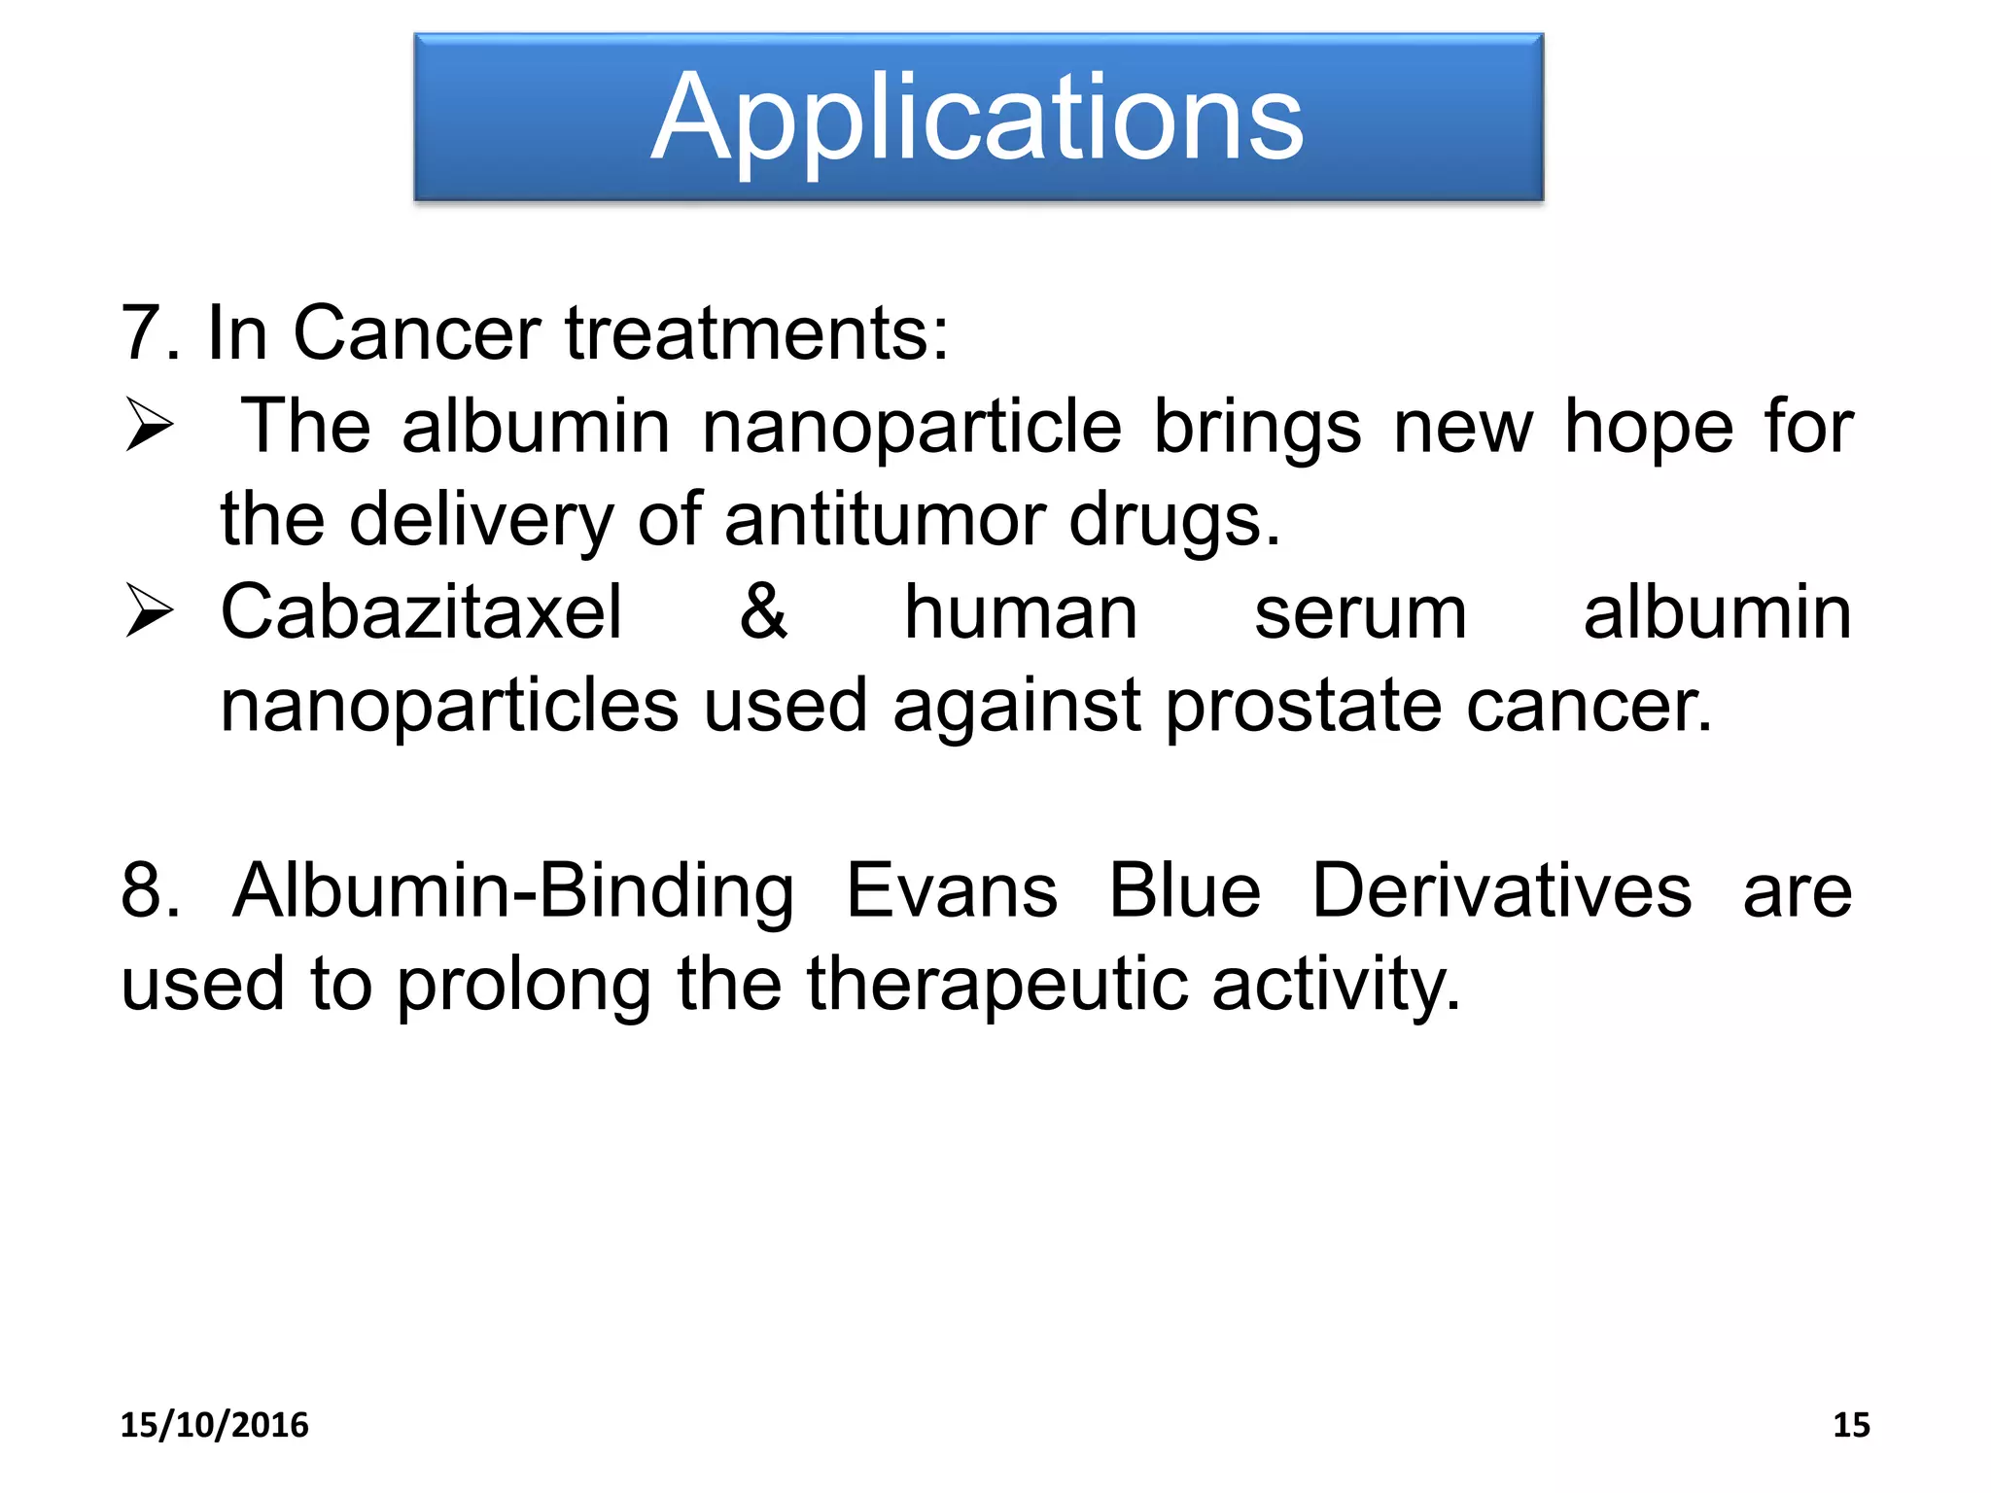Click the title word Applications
pyautogui.click(x=978, y=119)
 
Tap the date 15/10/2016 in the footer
pyautogui.click(x=214, y=1425)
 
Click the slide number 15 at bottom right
pyautogui.click(x=1851, y=1425)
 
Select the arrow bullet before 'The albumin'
pyautogui.click(x=149, y=426)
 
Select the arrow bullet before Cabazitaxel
pyautogui.click(x=149, y=612)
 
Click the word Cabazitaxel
pyautogui.click(x=420, y=612)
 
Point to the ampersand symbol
pyautogui.click(x=763, y=612)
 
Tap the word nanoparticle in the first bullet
pyautogui.click(x=912, y=428)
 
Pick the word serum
pyautogui.click(x=1359, y=614)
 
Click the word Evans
pyautogui.click(x=952, y=890)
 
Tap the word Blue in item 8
pyautogui.click(x=1184, y=890)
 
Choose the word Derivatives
pyautogui.click(x=1502, y=890)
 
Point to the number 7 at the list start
pyautogui.click(x=140, y=333)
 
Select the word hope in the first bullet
pyautogui.click(x=1648, y=428)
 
